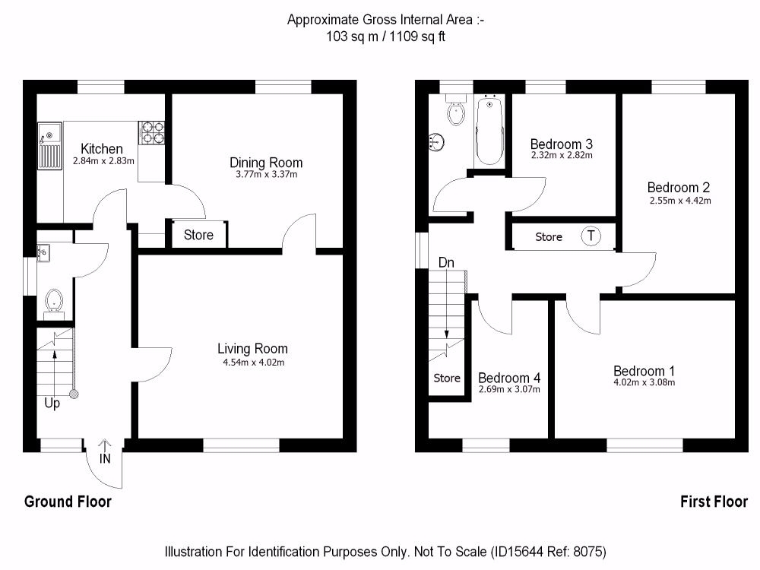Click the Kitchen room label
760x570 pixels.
pyautogui.click(x=102, y=149)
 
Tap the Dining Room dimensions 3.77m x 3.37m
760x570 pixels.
pyautogui.click(x=266, y=174)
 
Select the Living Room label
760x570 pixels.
pyautogui.click(x=252, y=349)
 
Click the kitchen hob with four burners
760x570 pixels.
pyautogui.click(x=152, y=133)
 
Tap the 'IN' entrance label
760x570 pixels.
pyautogui.click(x=105, y=458)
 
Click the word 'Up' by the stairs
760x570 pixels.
pyautogui.click(x=52, y=404)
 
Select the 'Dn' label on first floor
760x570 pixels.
pyautogui.click(x=446, y=263)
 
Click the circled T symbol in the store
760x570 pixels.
pyautogui.click(x=591, y=236)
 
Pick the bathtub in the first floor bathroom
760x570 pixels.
pyautogui.click(x=488, y=131)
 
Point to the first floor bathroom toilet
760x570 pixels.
pyautogui.click(x=456, y=112)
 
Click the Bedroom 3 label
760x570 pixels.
pyautogui.click(x=561, y=144)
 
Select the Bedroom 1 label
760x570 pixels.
pyautogui.click(x=644, y=371)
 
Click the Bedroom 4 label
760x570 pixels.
pyautogui.click(x=509, y=378)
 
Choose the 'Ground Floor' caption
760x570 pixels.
pyautogui.click(x=68, y=502)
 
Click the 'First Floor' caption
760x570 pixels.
pyautogui.click(x=713, y=502)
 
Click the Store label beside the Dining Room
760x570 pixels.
pyautogui.click(x=198, y=236)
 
